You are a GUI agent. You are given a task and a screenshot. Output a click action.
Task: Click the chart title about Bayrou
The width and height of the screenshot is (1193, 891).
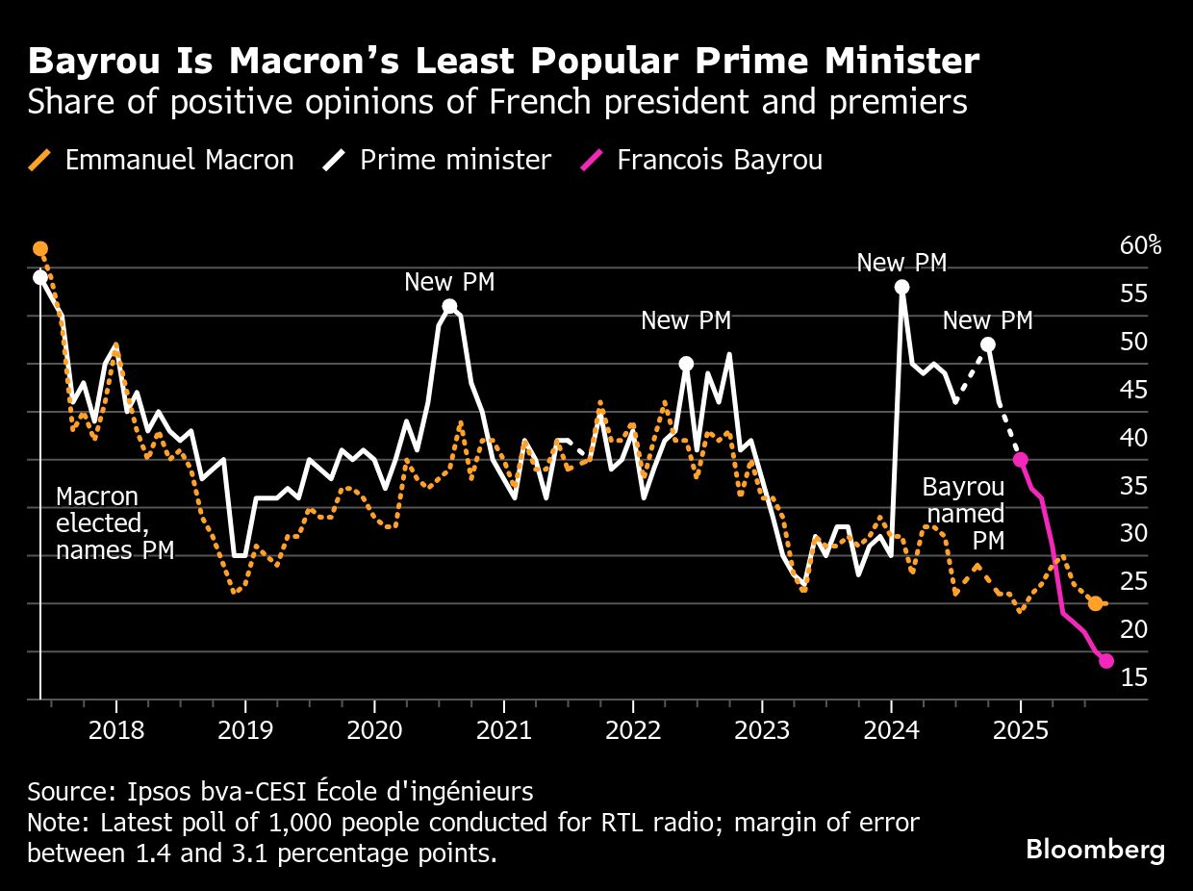[x=503, y=62]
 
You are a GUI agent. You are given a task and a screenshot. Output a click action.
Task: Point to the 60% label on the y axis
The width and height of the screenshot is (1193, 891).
[x=1140, y=246]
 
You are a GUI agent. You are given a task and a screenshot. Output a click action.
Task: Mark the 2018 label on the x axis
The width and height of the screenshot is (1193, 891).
[x=115, y=728]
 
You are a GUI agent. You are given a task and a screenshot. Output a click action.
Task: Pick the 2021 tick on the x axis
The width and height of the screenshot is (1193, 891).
[x=503, y=728]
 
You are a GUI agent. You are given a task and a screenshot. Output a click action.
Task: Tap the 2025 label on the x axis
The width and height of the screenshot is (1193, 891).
[x=1020, y=728]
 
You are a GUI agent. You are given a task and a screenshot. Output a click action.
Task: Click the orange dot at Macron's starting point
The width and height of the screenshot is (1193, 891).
[x=40, y=249]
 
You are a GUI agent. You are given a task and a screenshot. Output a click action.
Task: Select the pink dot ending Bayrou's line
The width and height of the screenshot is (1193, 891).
[x=1106, y=661]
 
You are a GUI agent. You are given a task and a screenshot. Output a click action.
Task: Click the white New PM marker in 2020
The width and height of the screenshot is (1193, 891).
[x=449, y=307]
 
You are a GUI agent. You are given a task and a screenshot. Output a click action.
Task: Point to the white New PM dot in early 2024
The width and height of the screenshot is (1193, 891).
[x=901, y=287]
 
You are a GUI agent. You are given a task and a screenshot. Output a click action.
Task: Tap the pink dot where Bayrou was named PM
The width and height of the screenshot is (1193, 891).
[x=1020, y=460]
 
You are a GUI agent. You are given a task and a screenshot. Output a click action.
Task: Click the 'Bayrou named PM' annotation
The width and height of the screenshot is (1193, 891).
[x=963, y=514]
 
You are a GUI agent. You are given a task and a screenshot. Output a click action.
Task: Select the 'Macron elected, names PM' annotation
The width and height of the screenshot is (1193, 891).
[x=114, y=523]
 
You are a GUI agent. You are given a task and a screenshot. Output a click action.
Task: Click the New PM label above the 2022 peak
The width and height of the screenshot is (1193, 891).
[x=685, y=321]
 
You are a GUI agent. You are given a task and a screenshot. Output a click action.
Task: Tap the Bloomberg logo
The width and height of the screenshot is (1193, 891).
[x=1095, y=850]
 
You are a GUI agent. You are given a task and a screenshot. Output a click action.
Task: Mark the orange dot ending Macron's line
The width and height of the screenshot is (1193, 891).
[x=1095, y=603]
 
